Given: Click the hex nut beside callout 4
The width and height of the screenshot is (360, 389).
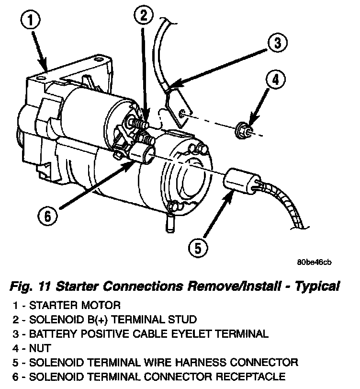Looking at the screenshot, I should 242,129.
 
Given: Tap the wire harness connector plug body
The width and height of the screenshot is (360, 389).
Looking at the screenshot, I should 236,181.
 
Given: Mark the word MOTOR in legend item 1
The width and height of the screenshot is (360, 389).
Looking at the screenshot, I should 100,305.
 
